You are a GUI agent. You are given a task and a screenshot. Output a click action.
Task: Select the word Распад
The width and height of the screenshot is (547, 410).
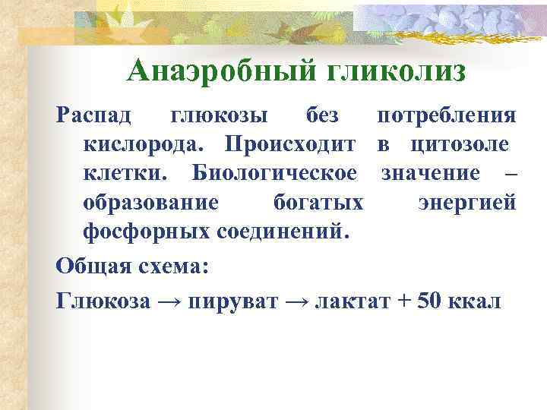tap(93, 116)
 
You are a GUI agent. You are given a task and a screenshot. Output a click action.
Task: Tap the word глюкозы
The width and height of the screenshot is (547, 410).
tap(219, 116)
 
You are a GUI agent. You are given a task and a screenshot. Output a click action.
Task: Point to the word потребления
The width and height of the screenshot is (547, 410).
tap(447, 116)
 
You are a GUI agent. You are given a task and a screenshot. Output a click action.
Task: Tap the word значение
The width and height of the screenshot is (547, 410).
tap(431, 172)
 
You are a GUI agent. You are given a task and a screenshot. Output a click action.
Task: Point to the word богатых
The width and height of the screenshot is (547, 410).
tap(317, 201)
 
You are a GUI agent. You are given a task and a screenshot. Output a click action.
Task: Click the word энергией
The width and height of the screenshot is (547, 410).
tap(466, 201)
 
